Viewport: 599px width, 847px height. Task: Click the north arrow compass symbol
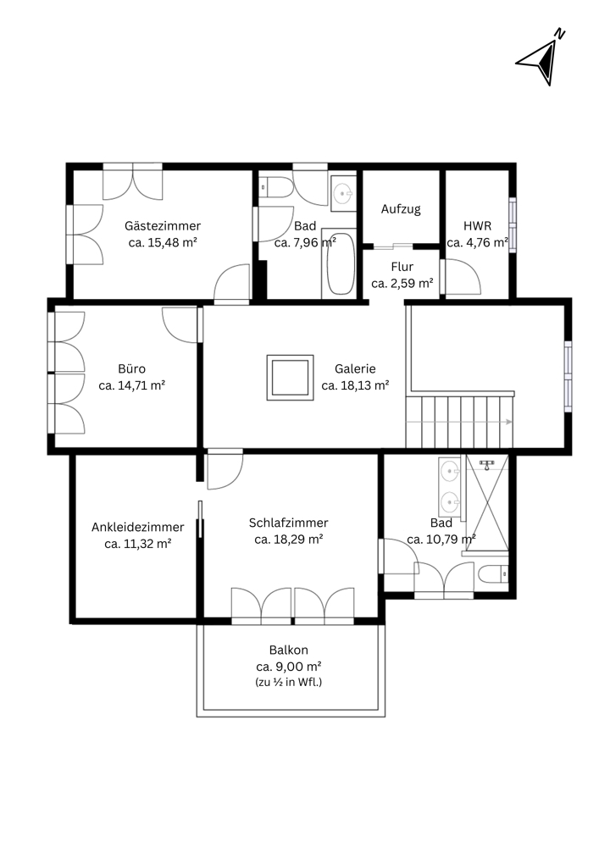(x=541, y=58)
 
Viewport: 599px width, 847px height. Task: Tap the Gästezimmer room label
(x=163, y=226)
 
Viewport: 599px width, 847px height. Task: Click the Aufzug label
(x=401, y=209)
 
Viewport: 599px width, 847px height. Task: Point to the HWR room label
(x=478, y=226)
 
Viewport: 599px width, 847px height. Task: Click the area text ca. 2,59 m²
(x=402, y=283)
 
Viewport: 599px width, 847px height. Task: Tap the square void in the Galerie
(x=290, y=378)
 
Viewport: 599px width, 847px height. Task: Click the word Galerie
(x=355, y=369)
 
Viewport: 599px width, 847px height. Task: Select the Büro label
(x=132, y=368)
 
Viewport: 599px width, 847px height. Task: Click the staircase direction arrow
(x=458, y=422)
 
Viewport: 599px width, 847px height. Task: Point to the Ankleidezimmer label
(x=138, y=527)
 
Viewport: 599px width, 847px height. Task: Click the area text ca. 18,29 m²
(x=289, y=539)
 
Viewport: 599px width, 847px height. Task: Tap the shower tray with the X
(x=487, y=503)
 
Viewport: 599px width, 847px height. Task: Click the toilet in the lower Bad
(x=493, y=573)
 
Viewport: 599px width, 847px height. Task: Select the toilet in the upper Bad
(x=275, y=187)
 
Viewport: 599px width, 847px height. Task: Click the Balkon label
(x=288, y=650)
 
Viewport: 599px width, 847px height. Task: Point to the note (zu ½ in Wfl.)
(x=288, y=682)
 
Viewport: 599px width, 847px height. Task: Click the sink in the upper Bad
(x=342, y=193)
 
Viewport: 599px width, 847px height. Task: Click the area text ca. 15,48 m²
(x=163, y=242)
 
